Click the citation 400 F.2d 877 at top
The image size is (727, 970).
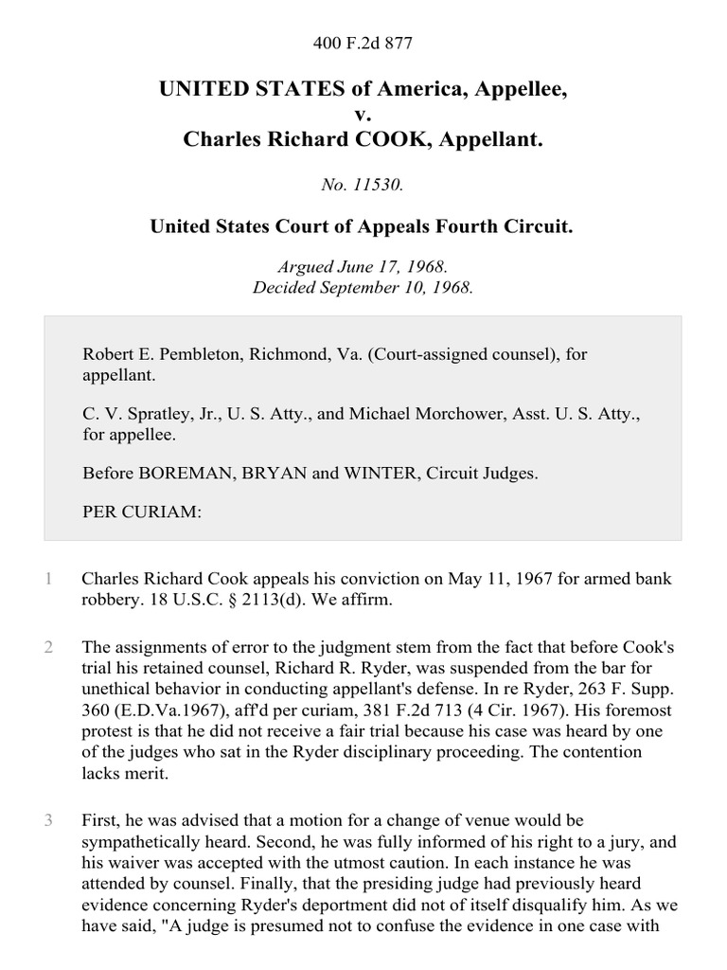click(x=363, y=44)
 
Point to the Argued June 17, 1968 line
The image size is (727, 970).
click(x=363, y=269)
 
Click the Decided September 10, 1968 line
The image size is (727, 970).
click(x=363, y=287)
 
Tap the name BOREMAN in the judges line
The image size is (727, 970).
click(x=171, y=474)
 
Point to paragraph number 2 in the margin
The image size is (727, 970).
click(x=48, y=647)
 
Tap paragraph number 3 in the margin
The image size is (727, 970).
click(x=48, y=819)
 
